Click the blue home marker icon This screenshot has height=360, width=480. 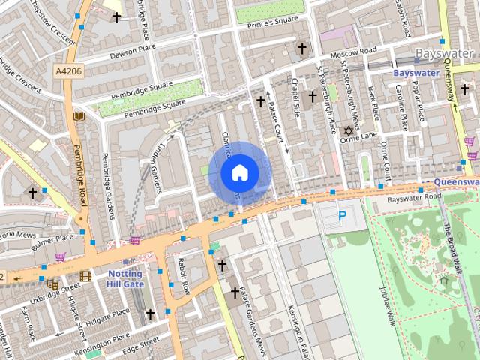tap(239, 173)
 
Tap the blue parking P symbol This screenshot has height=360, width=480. tap(342, 216)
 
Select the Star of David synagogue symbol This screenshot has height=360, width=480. tap(347, 131)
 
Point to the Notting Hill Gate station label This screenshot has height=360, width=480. tap(124, 278)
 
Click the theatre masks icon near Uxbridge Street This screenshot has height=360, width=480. tap(52, 284)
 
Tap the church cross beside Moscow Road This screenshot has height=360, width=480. tap(302, 49)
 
